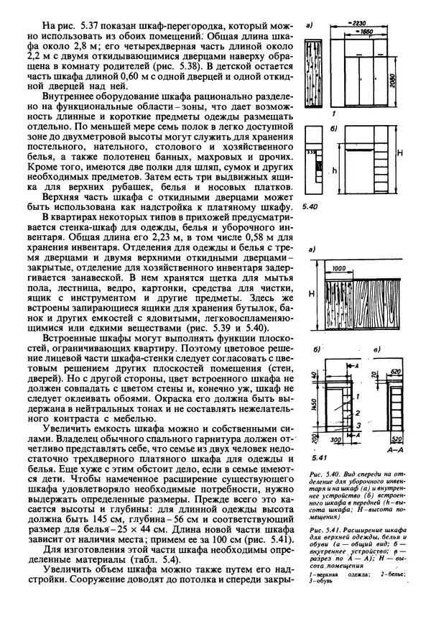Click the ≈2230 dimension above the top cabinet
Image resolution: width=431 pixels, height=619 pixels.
pos(363,24)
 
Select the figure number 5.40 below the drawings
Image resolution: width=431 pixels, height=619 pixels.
pos(310,206)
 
